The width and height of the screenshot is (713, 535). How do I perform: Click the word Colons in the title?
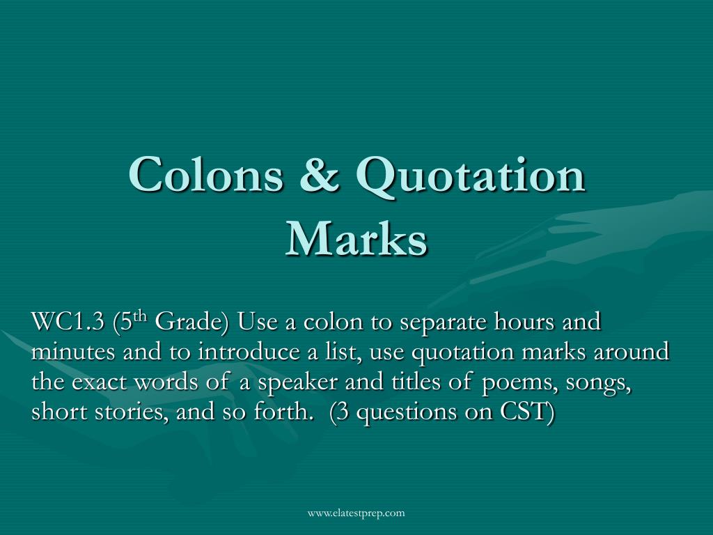click(x=206, y=173)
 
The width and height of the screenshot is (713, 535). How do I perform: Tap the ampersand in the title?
click(x=320, y=173)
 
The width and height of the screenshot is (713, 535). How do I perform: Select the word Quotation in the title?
click(x=471, y=176)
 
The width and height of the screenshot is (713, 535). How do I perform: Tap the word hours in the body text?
click(x=524, y=321)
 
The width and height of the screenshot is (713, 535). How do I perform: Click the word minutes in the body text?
click(x=72, y=352)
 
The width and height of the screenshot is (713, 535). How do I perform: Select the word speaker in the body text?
click(x=297, y=382)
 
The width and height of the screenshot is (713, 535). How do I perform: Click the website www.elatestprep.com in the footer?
click(x=356, y=513)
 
